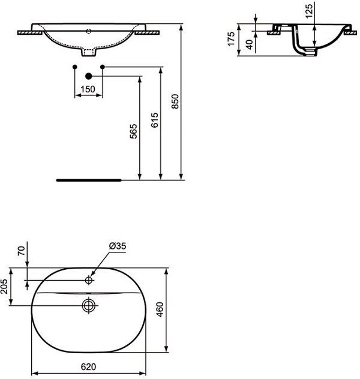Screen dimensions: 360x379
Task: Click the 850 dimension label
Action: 175,101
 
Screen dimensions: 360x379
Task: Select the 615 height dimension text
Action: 154,120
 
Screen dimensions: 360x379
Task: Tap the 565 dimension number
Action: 133,131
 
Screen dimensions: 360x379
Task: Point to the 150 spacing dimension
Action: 88,89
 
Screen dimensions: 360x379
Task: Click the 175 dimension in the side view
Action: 231,38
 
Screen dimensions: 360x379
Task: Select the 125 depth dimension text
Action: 309,11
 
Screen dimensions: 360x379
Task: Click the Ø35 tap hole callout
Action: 118,246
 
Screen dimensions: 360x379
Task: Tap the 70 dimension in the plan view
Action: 22,251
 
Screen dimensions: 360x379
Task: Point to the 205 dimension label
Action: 4,286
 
